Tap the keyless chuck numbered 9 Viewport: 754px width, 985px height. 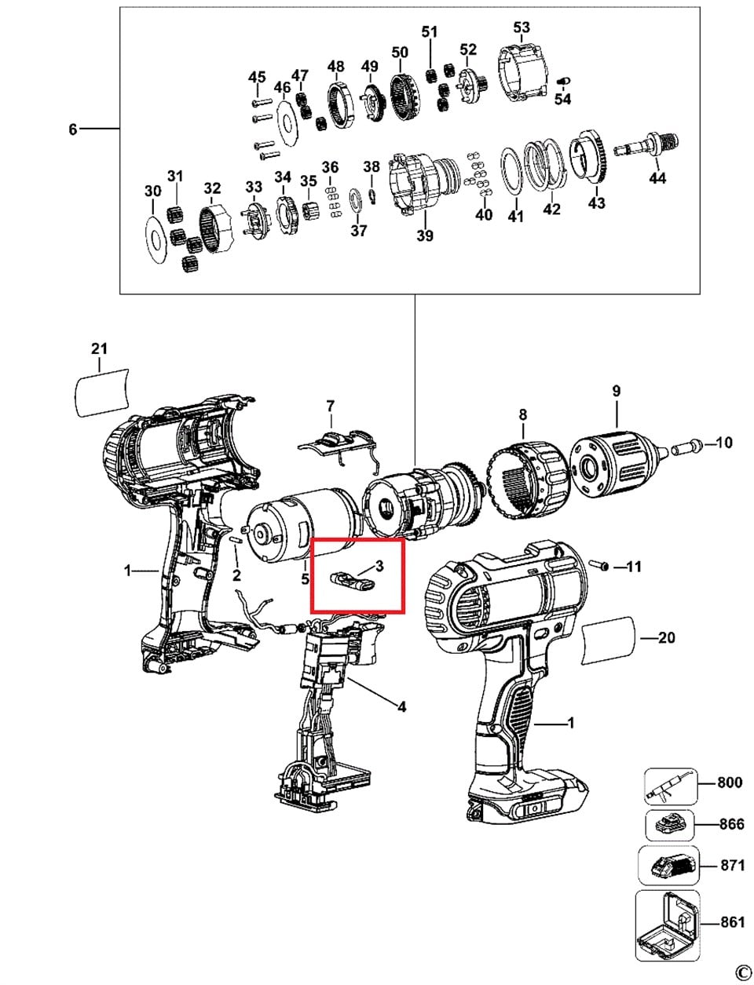tap(617, 455)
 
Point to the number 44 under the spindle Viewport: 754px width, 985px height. tap(657, 178)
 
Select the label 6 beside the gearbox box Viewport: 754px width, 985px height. tap(73, 129)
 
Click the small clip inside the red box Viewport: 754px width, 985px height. tap(351, 581)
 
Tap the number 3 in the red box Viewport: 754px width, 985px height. tap(379, 565)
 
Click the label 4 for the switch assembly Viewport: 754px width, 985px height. tap(401, 707)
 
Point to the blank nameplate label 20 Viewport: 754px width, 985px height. tap(609, 638)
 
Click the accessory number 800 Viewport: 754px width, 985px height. tap(730, 783)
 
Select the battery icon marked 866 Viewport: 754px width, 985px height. tap(668, 825)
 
